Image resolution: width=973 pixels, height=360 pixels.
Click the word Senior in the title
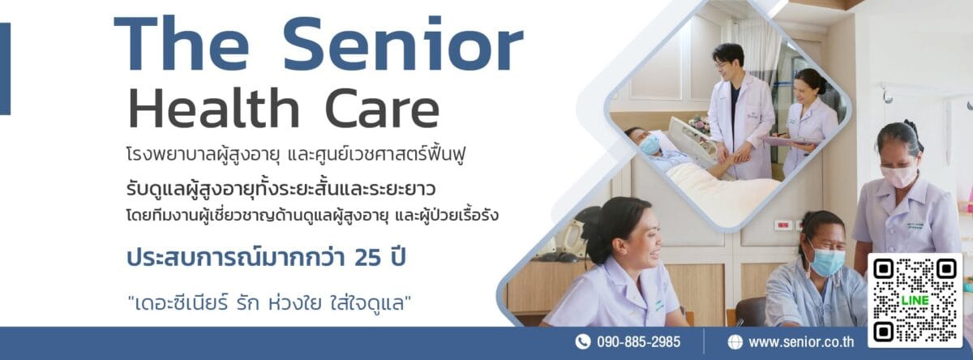tap(403, 45)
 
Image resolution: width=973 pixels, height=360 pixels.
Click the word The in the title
tap(182, 45)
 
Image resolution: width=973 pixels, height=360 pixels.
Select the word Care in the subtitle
tap(382, 108)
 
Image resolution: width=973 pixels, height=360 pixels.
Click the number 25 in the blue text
tap(368, 257)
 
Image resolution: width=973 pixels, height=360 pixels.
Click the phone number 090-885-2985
tap(639, 342)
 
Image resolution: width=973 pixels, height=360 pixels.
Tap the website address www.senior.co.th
tap(801, 342)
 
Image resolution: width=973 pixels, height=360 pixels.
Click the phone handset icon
tap(582, 342)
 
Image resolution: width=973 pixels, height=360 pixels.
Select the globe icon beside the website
tap(735, 342)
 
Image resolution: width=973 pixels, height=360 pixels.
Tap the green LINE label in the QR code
tap(915, 300)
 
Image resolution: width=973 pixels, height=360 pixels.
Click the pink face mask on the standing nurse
tap(898, 176)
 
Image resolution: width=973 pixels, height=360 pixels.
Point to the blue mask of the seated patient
tap(826, 261)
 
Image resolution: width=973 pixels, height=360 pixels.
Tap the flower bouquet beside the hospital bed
tap(699, 124)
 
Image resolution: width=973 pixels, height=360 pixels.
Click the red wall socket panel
tap(783, 225)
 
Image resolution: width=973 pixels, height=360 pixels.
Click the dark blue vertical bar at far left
tap(5, 69)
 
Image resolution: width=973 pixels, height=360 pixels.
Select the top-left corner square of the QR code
tap(883, 269)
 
